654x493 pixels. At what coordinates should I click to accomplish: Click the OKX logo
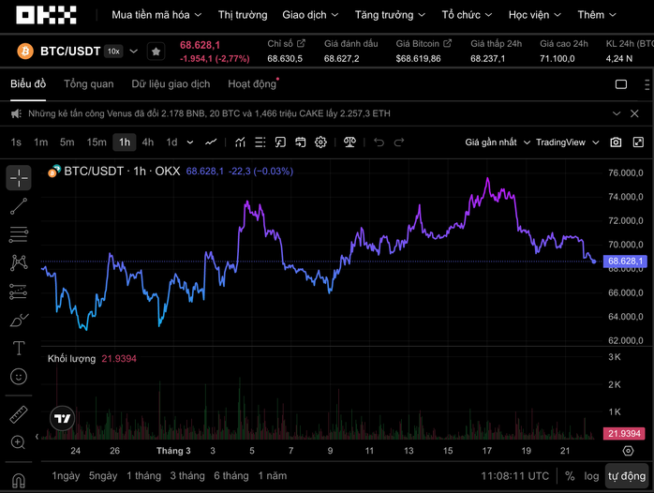tap(46, 15)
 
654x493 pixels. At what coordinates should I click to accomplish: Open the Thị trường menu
tap(243, 15)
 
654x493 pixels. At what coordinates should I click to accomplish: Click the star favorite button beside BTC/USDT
tap(156, 52)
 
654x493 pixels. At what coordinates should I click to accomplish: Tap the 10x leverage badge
tap(113, 52)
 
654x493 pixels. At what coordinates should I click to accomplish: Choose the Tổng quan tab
tap(89, 83)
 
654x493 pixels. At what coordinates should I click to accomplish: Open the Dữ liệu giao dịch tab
tap(171, 83)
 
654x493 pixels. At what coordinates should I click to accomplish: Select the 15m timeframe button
tap(97, 142)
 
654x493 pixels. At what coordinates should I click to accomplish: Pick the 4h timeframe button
tap(148, 142)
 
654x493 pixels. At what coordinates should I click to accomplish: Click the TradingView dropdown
tap(565, 142)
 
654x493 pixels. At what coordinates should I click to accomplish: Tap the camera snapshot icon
tap(616, 142)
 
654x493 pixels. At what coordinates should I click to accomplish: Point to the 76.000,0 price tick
tap(625, 173)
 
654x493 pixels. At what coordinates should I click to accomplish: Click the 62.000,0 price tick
tap(625, 341)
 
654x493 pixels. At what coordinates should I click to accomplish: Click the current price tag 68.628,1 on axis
tap(626, 261)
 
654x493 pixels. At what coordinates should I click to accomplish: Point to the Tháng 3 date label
tap(173, 451)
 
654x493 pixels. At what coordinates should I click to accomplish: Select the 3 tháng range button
tap(187, 476)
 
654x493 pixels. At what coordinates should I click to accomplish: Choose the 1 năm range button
tap(272, 476)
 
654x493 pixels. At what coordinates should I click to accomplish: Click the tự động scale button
tap(627, 476)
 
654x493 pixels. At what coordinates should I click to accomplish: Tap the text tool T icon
tap(19, 349)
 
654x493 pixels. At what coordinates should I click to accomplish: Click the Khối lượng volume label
tap(72, 359)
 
